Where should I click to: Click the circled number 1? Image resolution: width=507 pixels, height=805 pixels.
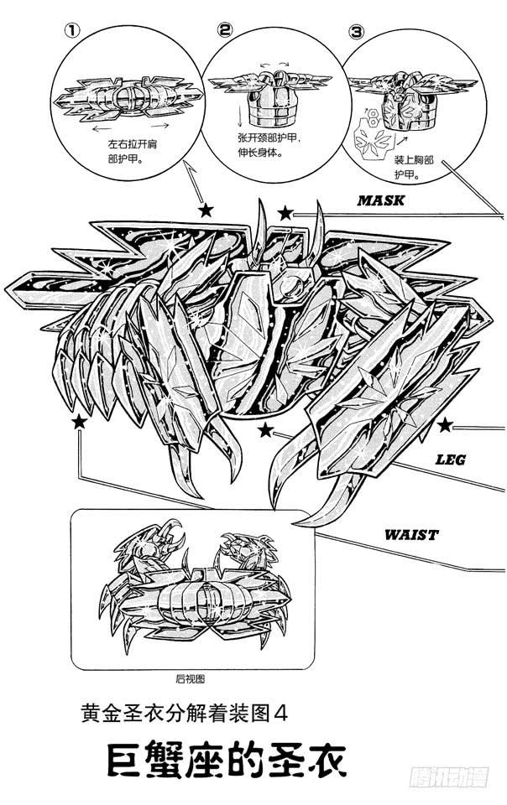[72, 31]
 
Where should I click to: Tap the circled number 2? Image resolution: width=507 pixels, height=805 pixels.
[224, 30]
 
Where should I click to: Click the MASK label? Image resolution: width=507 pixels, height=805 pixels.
[380, 200]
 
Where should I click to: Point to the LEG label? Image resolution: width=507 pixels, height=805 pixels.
[451, 459]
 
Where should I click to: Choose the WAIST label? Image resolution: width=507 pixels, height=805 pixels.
[411, 535]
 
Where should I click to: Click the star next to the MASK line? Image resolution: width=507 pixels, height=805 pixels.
[285, 214]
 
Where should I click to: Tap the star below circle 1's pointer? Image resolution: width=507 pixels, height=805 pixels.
[206, 210]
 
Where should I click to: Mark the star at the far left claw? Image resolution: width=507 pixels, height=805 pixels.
[79, 422]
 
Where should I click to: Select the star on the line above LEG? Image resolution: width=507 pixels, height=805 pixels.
[446, 425]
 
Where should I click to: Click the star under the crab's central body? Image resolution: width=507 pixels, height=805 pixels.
[265, 430]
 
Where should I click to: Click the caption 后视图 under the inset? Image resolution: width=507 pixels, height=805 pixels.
[190, 679]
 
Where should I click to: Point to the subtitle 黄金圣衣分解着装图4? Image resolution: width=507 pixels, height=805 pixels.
[184, 713]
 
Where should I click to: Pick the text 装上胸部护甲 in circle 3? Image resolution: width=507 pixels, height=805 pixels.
[414, 168]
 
